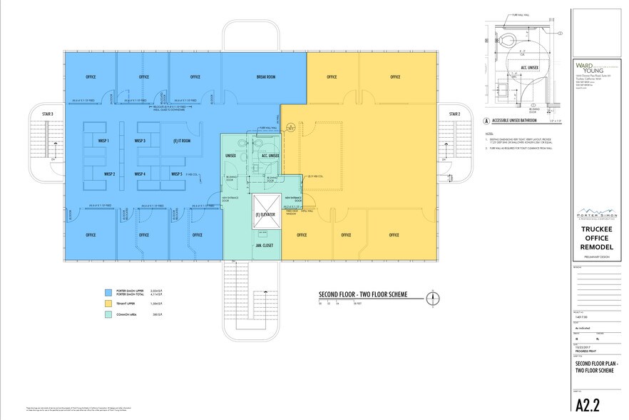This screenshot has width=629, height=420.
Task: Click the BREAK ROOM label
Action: (265, 77)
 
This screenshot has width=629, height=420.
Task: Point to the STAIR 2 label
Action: (454, 114)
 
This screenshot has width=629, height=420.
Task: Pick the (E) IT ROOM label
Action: (182, 141)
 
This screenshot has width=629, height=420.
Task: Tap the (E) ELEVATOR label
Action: (265, 214)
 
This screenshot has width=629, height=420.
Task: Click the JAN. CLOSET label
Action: (265, 244)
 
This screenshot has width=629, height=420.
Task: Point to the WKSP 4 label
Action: (140, 174)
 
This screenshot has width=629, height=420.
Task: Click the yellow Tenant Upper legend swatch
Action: (107, 304)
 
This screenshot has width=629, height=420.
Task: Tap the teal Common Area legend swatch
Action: (107, 314)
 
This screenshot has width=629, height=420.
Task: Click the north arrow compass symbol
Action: (431, 298)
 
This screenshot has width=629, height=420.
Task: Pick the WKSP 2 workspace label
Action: (109, 174)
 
